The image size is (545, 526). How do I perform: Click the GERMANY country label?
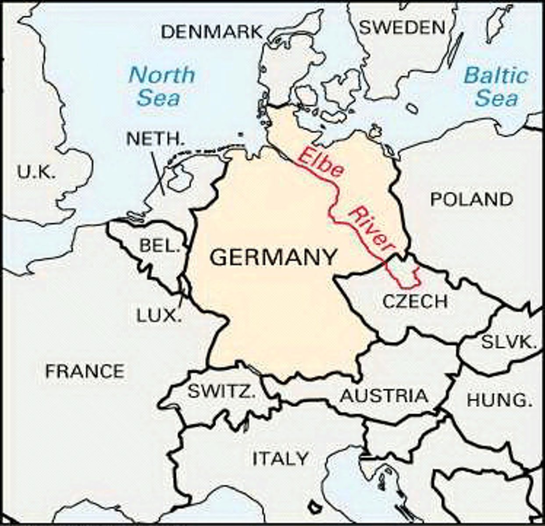click(x=273, y=257)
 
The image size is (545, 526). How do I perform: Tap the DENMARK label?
click(x=212, y=32)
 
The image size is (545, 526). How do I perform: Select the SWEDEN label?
click(x=402, y=28)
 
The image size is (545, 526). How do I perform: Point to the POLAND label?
click(x=471, y=199)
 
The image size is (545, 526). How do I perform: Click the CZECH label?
click(x=415, y=301)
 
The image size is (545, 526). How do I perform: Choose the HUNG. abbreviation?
click(x=496, y=400)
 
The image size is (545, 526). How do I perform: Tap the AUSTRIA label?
click(x=384, y=396)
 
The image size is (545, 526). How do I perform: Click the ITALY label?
click(x=281, y=458)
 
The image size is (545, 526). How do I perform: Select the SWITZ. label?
click(x=221, y=391)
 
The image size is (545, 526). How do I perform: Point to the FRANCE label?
click(x=85, y=372)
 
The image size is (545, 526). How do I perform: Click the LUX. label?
click(x=159, y=316)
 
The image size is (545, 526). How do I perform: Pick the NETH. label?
click(x=153, y=139)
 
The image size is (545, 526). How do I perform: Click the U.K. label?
click(x=37, y=172)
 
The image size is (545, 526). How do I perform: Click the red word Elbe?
click(x=319, y=162)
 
